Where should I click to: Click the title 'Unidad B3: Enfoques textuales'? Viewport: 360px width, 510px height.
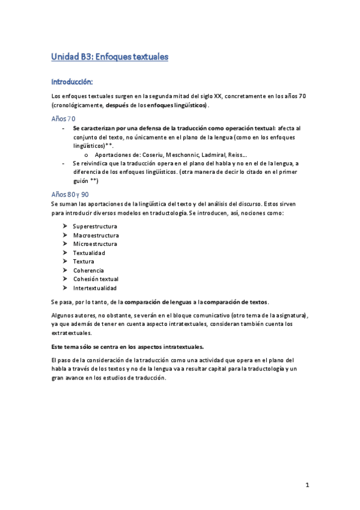tap(110, 57)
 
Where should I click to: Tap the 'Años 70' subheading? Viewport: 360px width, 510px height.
tap(63, 119)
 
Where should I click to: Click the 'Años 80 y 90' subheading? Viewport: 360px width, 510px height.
tap(70, 195)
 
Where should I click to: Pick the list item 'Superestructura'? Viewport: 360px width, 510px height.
tap(95, 226)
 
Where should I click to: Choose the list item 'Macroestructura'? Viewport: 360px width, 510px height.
tap(96, 235)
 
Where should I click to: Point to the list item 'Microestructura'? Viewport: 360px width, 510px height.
tap(95, 244)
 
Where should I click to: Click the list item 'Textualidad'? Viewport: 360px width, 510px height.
tap(89, 253)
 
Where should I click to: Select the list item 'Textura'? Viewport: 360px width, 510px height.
tap(84, 262)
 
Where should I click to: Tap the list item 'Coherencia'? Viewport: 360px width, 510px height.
tap(88, 271)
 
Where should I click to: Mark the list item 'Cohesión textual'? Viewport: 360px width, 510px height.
tap(96, 279)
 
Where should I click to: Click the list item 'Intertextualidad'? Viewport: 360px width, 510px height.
tap(95, 288)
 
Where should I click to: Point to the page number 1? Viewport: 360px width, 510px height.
tap(307, 485)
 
